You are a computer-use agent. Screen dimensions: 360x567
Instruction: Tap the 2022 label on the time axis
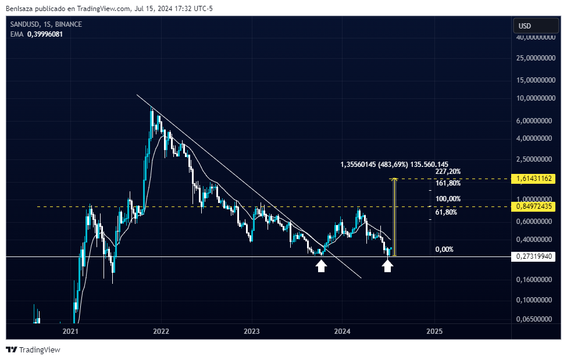click(x=161, y=331)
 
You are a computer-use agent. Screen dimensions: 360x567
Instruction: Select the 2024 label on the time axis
click(x=342, y=331)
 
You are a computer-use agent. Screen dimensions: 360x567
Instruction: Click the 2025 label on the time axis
click(x=434, y=331)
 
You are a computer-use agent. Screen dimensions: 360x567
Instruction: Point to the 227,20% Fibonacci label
click(x=448, y=172)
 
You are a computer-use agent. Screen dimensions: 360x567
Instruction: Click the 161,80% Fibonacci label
click(x=448, y=183)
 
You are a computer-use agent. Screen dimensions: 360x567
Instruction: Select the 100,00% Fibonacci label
click(x=448, y=199)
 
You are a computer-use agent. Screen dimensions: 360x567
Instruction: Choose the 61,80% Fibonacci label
click(x=445, y=212)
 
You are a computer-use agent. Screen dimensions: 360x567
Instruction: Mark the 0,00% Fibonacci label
click(x=444, y=249)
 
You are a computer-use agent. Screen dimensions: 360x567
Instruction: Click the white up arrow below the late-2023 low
click(x=321, y=266)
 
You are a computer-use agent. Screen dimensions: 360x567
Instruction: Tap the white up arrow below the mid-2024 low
click(x=388, y=266)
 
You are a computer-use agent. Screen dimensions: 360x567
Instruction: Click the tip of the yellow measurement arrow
click(x=395, y=179)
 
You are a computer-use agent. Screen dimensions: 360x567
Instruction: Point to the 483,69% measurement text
click(x=394, y=165)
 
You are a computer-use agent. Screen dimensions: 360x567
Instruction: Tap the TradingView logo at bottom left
click(x=33, y=350)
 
